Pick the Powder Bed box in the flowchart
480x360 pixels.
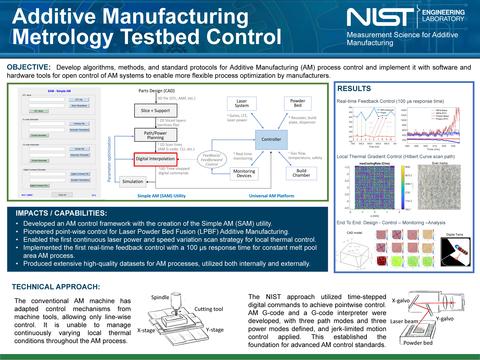[x=296, y=104]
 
